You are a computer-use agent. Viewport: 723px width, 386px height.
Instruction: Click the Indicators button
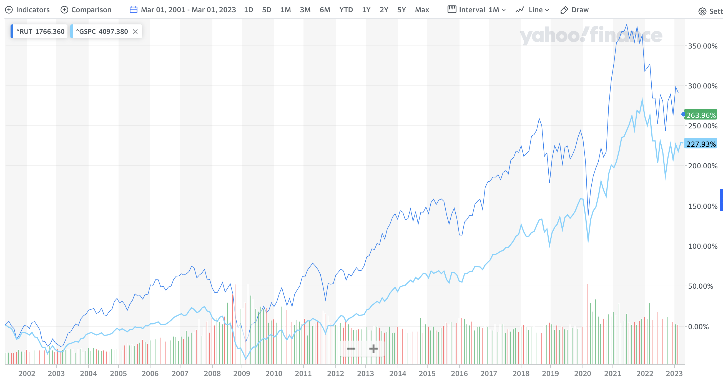tap(27, 10)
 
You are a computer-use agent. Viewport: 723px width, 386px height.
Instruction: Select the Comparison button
tap(86, 10)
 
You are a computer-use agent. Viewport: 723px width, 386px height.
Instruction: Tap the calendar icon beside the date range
tap(133, 10)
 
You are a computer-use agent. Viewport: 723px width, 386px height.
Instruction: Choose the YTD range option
tap(346, 10)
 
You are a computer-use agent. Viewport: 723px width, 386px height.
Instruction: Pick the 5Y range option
tap(401, 10)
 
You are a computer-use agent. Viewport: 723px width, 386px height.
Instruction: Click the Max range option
tap(422, 10)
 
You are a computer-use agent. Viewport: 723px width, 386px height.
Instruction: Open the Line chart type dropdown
tap(533, 10)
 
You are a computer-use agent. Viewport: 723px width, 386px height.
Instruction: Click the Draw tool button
tap(574, 10)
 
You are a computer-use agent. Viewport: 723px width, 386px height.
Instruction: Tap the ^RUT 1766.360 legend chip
tap(40, 31)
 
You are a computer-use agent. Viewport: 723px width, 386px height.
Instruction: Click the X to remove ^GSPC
tap(135, 32)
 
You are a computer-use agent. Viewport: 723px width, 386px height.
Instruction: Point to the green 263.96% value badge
tap(701, 115)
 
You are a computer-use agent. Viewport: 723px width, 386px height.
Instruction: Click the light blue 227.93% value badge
tap(701, 144)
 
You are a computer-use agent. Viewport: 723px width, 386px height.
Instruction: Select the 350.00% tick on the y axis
tap(702, 46)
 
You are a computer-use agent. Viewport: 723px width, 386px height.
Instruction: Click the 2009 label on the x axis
tap(241, 374)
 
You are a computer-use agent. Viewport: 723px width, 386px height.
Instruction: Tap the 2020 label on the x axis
tap(583, 374)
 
